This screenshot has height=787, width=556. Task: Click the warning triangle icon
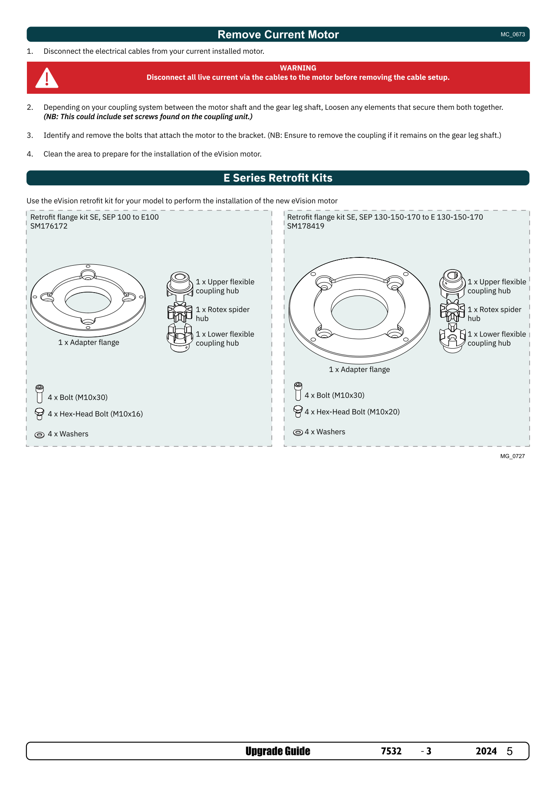pos(47,78)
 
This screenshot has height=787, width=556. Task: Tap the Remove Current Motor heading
pos(278,35)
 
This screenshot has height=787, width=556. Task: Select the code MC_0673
pos(513,34)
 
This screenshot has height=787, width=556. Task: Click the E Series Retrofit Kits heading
pos(278,178)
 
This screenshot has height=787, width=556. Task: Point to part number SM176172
pos(49,226)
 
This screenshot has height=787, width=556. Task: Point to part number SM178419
pos(306,226)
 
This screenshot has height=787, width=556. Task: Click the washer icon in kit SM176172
pos(39,435)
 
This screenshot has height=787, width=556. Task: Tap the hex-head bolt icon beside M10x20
pos(298,412)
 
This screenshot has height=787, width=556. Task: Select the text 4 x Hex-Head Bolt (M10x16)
pos(95,414)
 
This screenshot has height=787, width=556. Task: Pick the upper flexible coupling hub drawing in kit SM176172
pos(180,285)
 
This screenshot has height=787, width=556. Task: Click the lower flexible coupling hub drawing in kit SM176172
pos(180,338)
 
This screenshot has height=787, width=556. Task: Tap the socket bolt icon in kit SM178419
pos(298,392)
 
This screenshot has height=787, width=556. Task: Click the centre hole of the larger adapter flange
pos(359,310)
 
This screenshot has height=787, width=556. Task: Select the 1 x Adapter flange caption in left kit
pos(89,342)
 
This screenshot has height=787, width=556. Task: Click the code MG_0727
pos(513,456)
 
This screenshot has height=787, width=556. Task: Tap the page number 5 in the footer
pos(510,751)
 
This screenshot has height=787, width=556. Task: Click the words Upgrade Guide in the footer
pos(278,751)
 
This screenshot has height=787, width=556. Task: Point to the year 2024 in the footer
pos(486,751)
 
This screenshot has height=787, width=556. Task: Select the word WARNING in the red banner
pos(298,68)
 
